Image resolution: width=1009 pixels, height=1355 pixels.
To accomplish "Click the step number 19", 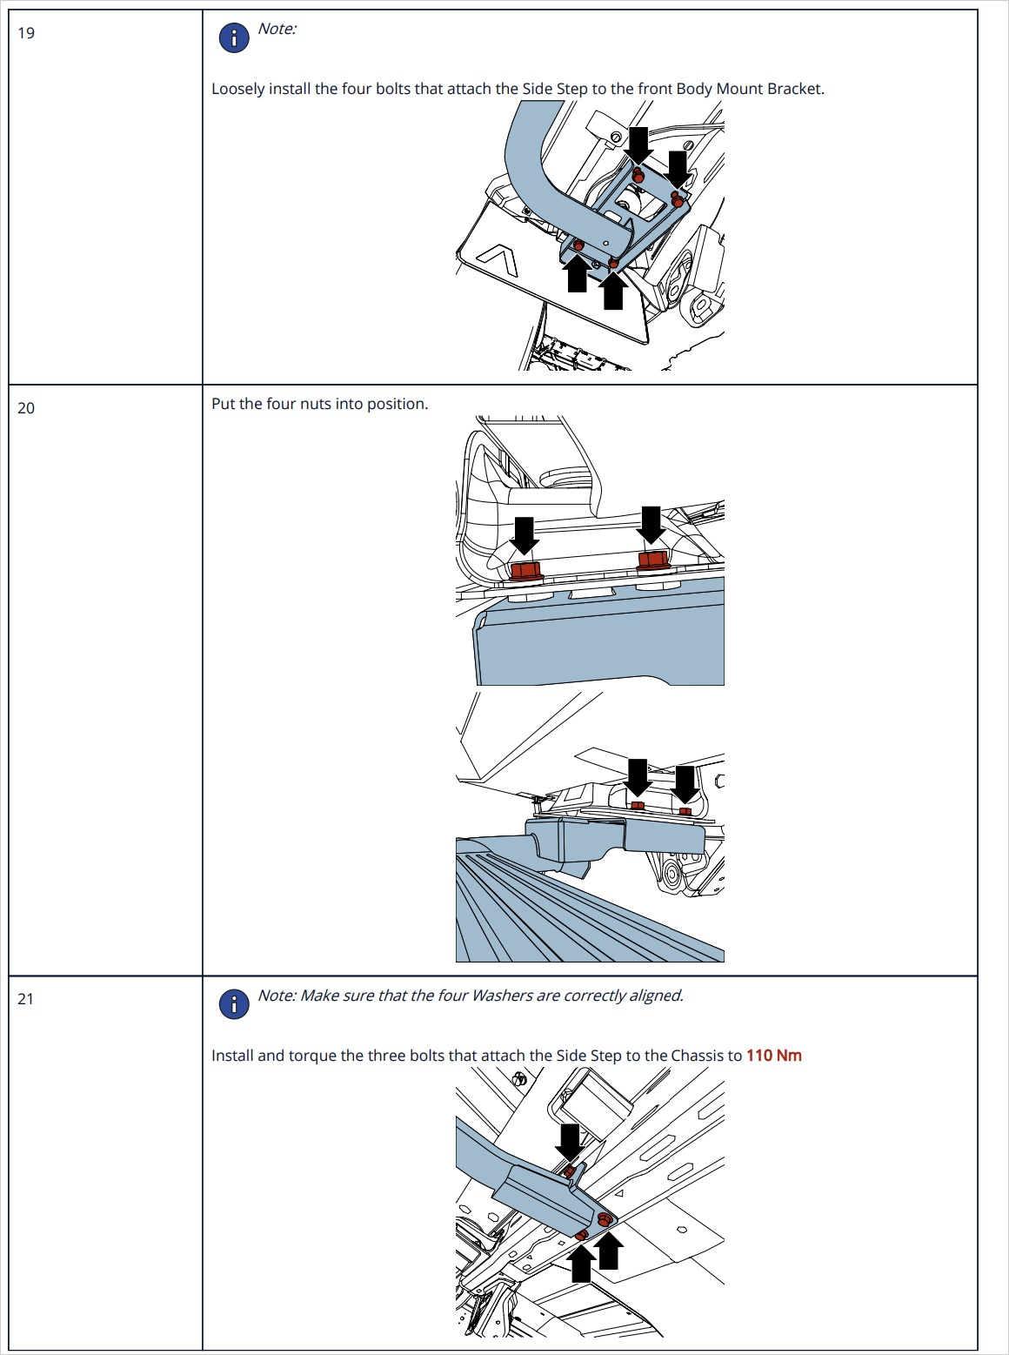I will (x=26, y=33).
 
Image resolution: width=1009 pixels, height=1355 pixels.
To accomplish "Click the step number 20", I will (x=26, y=408).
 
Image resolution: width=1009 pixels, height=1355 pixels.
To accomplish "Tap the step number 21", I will (x=26, y=999).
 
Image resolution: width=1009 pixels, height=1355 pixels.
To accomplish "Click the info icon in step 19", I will (x=234, y=37).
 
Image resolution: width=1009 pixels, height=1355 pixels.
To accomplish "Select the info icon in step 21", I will (x=234, y=1004).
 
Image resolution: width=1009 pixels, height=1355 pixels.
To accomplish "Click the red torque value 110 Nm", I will (x=773, y=1056).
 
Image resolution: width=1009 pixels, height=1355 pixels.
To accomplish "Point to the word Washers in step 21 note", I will (x=501, y=996).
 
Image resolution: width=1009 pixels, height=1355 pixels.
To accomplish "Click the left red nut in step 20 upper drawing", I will (x=526, y=571).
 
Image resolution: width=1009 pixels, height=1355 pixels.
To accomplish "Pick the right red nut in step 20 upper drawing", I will (x=653, y=560).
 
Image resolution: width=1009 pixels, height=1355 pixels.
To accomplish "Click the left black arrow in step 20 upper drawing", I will (x=525, y=534).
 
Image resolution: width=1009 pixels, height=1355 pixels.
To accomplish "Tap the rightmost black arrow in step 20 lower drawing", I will (x=685, y=782).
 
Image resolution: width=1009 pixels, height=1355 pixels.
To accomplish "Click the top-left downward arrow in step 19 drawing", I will (x=638, y=144).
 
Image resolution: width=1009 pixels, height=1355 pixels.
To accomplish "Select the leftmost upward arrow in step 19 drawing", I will (x=577, y=275).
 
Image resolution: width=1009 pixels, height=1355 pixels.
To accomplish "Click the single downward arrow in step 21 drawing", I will (x=570, y=1141).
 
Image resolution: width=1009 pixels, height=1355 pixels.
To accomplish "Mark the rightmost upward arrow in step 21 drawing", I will (x=609, y=1250).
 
